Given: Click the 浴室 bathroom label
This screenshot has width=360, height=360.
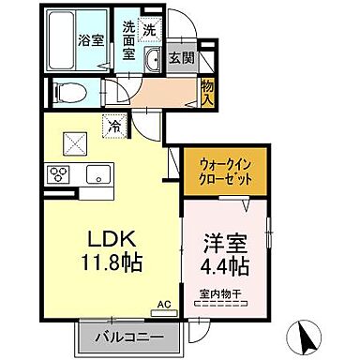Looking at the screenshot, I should (x=89, y=40).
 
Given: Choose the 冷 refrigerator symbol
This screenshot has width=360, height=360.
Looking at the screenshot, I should (x=112, y=122).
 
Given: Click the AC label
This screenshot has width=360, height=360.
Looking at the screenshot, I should (x=164, y=306).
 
